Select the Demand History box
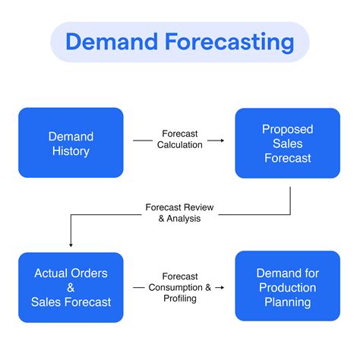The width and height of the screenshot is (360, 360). click(x=70, y=143)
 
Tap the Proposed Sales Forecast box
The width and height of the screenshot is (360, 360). click(x=287, y=143)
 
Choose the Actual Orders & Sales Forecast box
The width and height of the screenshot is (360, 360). click(x=70, y=287)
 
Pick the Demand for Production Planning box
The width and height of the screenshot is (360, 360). click(x=287, y=287)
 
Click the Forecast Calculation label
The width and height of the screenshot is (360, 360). click(x=179, y=139)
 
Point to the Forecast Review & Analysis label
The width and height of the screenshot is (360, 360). click(x=179, y=212)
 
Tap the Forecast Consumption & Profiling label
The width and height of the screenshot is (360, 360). click(x=179, y=287)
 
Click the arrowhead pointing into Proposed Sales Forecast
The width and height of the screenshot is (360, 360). click(x=221, y=140)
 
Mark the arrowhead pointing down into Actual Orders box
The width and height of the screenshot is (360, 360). click(x=70, y=245)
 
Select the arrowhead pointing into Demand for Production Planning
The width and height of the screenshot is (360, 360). click(x=221, y=288)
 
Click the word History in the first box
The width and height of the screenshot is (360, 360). click(x=71, y=151)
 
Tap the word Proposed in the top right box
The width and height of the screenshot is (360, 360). click(x=288, y=128)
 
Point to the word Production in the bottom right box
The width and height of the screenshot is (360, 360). click(x=288, y=287)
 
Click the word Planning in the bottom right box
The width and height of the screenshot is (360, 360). click(x=288, y=302)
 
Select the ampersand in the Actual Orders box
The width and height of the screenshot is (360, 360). click(x=71, y=287)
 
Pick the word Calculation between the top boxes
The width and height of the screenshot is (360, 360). click(x=180, y=144)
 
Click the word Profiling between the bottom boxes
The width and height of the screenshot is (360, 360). click(x=180, y=298)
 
